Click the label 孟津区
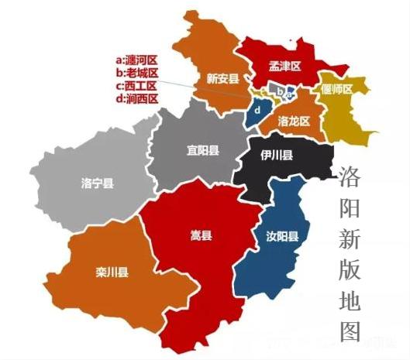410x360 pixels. tap(284, 67)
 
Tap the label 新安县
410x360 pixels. tap(222, 78)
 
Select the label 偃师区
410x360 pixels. tap(337, 89)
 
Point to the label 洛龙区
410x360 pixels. tap(294, 122)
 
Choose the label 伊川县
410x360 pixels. tap(277, 156)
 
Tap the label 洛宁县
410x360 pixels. tap(97, 183)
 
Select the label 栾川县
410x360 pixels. tap(112, 272)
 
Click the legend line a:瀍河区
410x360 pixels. tap(136, 60)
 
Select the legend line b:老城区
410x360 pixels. tap(136, 73)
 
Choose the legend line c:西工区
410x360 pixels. tap(136, 86)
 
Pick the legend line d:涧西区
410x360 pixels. tap(136, 99)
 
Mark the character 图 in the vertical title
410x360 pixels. tap(350, 331)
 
